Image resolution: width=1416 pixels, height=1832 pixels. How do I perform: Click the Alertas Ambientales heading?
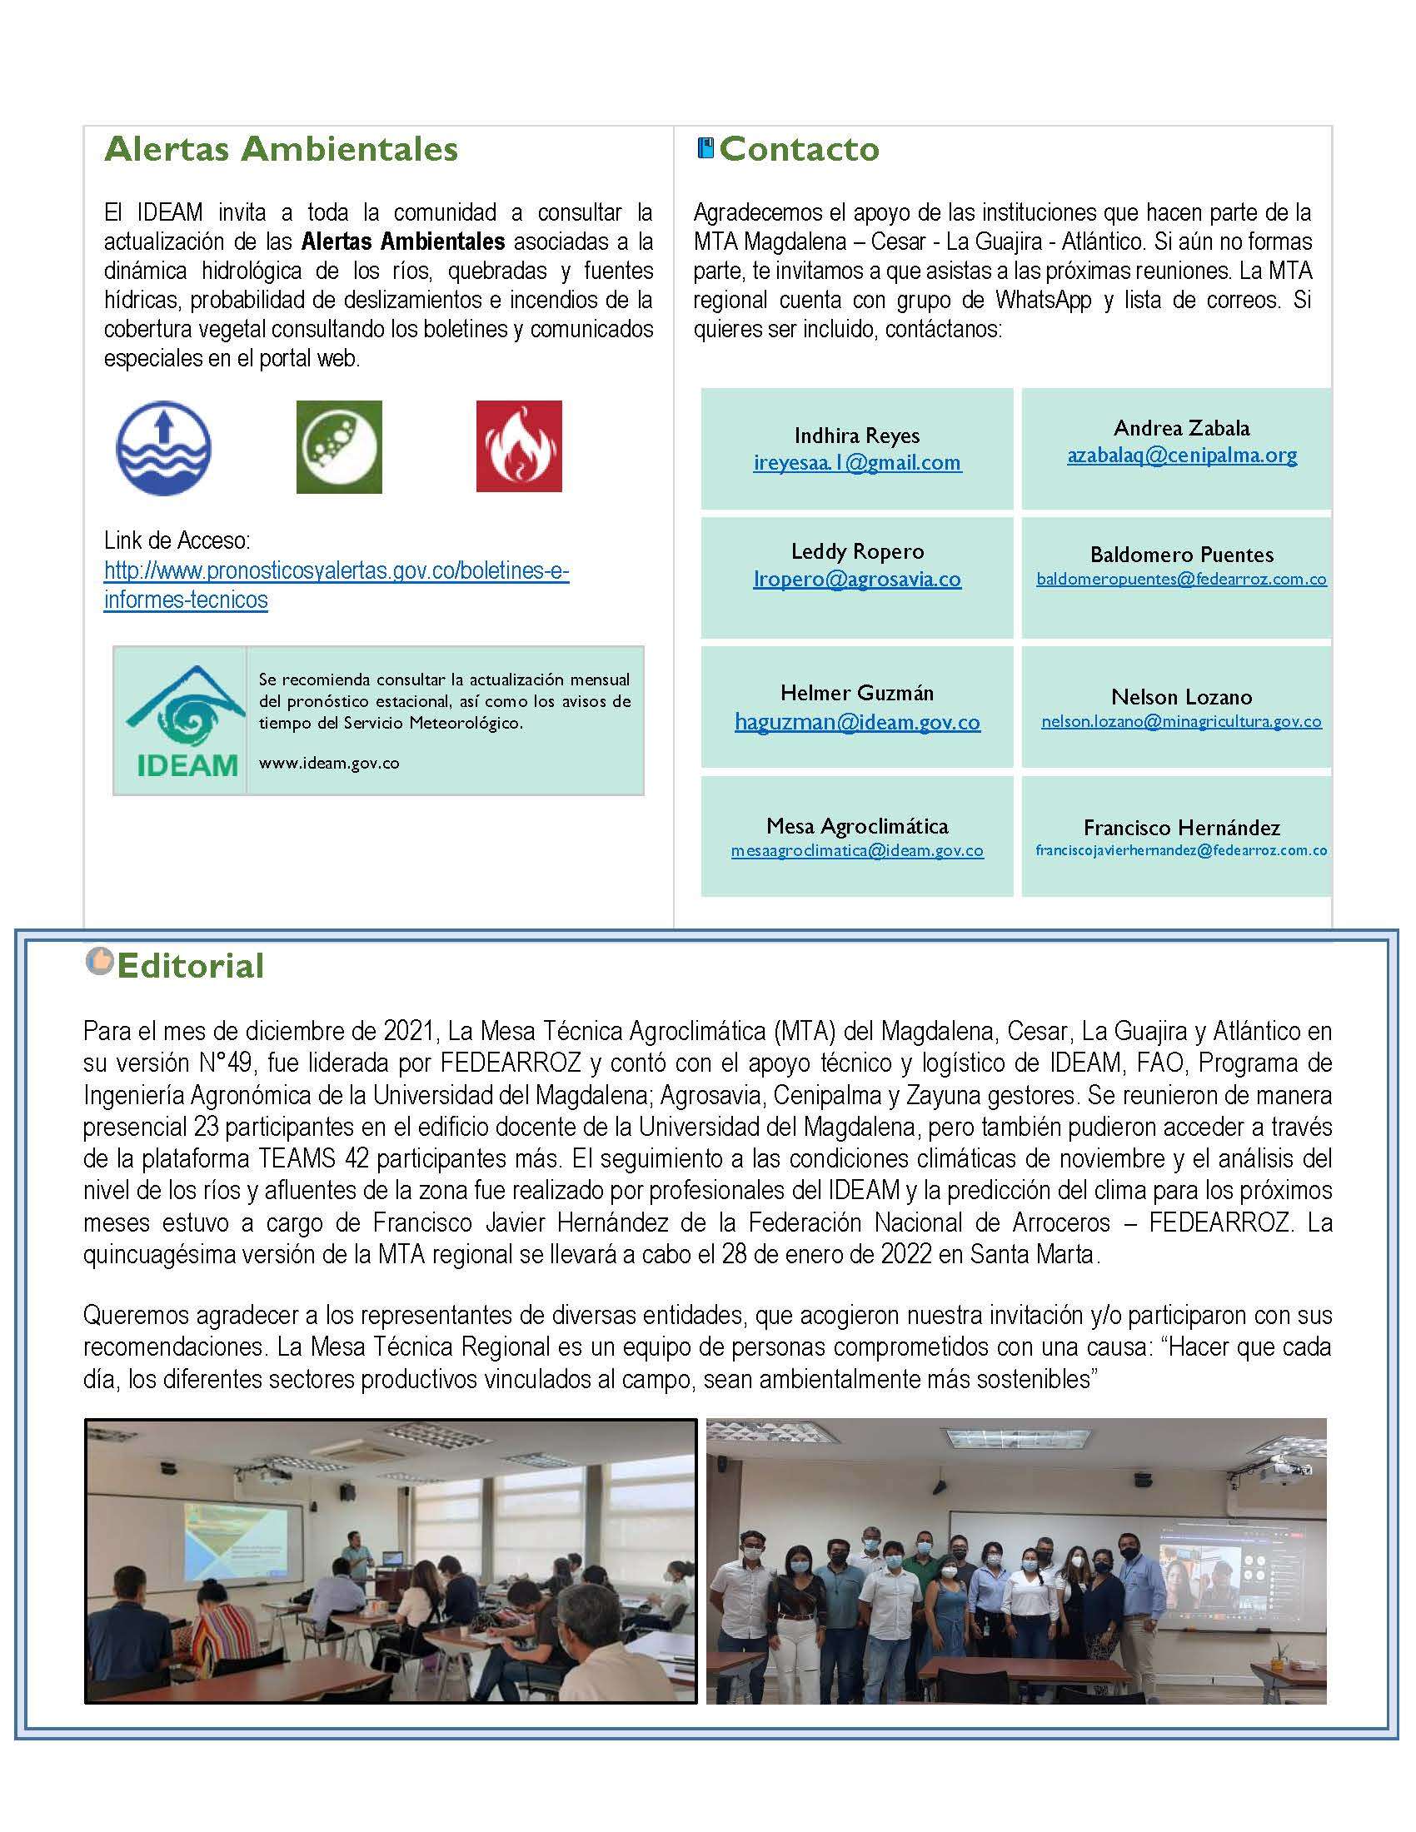281,149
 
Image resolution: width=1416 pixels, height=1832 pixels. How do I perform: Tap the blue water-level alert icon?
163,447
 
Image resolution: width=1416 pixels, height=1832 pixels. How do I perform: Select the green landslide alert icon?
339,447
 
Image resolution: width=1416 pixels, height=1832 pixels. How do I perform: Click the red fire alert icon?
518,446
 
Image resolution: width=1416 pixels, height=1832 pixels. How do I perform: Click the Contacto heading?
799,149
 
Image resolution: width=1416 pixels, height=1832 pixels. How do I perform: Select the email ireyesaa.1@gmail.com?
856,462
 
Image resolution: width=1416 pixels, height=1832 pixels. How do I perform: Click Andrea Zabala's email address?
1181,456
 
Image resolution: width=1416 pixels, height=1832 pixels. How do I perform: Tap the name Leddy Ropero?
856,551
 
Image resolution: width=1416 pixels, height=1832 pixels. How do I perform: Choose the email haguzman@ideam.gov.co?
856,722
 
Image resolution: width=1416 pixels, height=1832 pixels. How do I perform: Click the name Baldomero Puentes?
1181,555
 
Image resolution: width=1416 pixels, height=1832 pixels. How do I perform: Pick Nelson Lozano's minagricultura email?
1181,721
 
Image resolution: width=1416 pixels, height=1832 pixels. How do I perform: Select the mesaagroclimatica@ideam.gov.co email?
856,850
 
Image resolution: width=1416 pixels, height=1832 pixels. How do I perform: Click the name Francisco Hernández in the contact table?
1181,828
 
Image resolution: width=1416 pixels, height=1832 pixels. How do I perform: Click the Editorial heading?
191,965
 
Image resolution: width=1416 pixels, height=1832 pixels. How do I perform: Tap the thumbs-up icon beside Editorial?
99,961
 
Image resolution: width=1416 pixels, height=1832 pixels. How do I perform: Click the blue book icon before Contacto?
706,148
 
